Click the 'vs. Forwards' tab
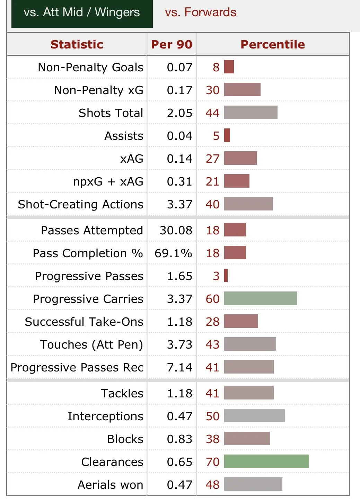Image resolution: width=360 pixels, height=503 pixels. [201, 12]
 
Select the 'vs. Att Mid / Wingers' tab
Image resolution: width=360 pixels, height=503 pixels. [82, 12]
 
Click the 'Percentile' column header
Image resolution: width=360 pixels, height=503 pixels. [273, 44]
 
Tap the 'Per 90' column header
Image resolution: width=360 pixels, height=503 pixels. [172, 44]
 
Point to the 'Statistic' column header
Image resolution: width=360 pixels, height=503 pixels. [77, 44]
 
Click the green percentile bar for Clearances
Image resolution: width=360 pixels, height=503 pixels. [266, 461]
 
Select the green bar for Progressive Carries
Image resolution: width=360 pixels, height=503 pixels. [260, 298]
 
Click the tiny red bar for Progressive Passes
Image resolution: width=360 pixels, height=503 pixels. [226, 276]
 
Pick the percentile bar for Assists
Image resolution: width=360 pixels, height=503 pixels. [227, 135]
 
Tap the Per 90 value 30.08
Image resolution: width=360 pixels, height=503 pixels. [176, 230]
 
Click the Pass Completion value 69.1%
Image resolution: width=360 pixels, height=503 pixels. [173, 253]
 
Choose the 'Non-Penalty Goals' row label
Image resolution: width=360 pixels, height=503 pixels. [90, 67]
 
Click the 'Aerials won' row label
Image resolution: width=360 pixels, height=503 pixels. [110, 485]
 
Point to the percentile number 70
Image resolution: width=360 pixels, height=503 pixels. [212, 462]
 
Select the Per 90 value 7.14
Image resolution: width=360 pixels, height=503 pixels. [179, 367]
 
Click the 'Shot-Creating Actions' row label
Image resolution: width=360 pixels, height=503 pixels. [80, 204]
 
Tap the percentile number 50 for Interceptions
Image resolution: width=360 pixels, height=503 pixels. [212, 416]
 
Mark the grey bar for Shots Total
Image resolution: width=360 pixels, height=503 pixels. [251, 113]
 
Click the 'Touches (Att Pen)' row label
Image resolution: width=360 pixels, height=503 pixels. [91, 344]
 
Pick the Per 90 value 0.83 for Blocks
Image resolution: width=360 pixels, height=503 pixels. [179, 439]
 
